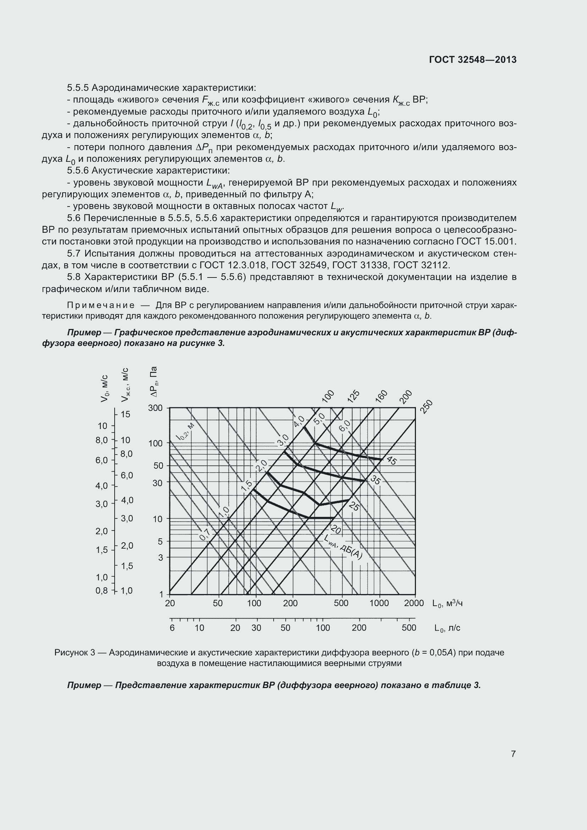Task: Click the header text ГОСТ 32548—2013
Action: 473,60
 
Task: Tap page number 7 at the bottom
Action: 513,754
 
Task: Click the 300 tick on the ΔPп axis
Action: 155,408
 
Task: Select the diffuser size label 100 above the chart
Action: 328,396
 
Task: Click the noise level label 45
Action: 391,461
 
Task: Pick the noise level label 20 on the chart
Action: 336,530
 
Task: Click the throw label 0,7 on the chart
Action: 205,535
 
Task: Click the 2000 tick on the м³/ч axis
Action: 414,603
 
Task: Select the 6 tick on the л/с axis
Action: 172,628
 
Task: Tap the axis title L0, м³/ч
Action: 448,603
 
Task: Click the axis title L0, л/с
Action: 448,628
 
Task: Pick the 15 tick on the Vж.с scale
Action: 125,414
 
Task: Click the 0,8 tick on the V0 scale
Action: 102,591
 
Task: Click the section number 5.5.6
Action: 78,171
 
